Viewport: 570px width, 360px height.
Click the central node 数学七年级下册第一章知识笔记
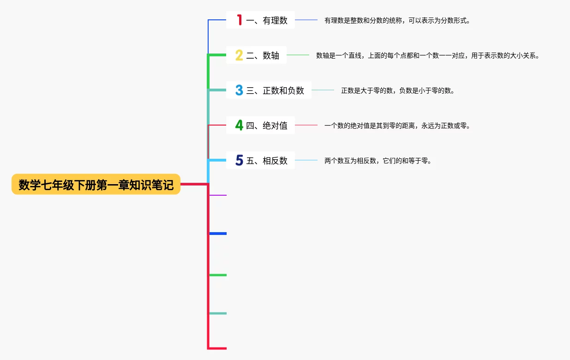pos(96,185)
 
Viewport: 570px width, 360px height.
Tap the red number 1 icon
pos(239,20)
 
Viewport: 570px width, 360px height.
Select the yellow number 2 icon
pos(239,55)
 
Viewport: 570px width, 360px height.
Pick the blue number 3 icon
pos(239,90)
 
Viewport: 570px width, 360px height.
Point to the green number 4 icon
pos(239,125)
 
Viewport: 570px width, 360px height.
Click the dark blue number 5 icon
pos(239,160)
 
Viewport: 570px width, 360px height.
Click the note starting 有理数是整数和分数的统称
pos(397,20)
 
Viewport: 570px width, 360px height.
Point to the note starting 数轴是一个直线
pos(427,55)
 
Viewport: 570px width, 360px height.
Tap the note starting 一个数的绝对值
pos(397,126)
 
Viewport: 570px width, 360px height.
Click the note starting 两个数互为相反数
pos(378,161)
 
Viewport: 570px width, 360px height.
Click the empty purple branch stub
pos(218,195)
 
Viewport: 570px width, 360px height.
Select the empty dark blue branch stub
pos(218,234)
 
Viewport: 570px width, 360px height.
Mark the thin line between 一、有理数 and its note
pos(306,20)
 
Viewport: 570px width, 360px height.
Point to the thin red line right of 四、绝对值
pos(306,125)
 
